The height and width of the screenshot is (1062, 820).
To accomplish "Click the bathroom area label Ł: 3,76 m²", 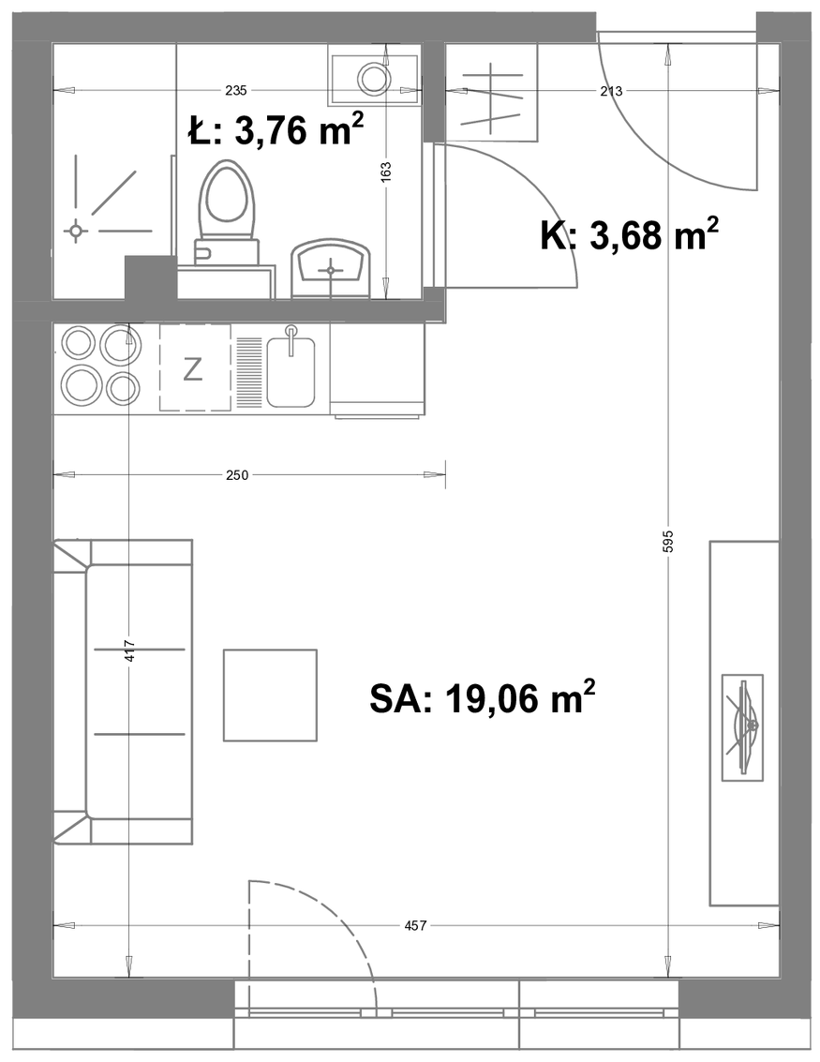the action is (x=276, y=129).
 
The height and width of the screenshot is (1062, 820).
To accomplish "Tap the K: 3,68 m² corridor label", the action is (x=629, y=235).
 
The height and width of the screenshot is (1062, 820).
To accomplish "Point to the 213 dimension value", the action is (x=611, y=91).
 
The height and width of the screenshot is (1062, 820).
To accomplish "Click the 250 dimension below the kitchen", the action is (x=237, y=475).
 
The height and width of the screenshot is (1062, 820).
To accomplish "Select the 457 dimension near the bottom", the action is (x=414, y=925).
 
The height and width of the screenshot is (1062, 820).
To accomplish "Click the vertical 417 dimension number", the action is (x=131, y=651).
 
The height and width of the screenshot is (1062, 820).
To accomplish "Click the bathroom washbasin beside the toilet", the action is (x=331, y=269).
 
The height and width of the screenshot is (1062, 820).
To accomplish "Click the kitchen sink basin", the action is (x=291, y=373).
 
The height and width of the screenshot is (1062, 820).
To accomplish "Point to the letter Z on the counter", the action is (x=193, y=370).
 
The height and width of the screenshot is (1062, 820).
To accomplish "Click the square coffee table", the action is (x=271, y=695).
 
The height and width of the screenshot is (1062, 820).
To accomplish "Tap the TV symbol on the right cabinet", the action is (x=743, y=727).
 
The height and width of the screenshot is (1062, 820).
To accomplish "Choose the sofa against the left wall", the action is (x=123, y=692).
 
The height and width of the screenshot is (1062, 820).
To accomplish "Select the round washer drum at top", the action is (x=373, y=79).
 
